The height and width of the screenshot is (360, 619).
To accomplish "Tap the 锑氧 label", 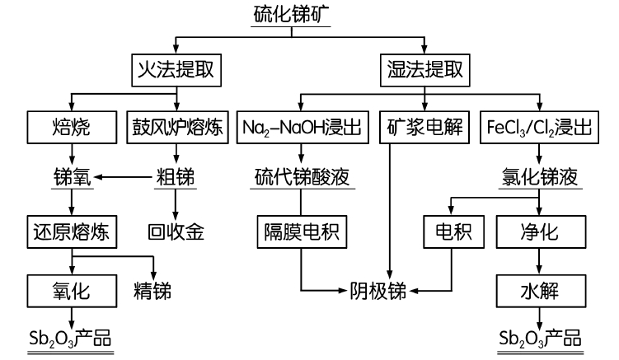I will pyautogui.click(x=71, y=176).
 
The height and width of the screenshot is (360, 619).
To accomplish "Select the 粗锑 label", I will pyautogui.click(x=174, y=176).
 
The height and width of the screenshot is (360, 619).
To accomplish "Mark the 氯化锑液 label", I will pyautogui.click(x=538, y=176).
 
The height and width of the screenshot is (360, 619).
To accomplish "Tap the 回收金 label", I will pyautogui.click(x=174, y=231).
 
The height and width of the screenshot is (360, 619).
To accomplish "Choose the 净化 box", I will pyautogui.click(x=540, y=231).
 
